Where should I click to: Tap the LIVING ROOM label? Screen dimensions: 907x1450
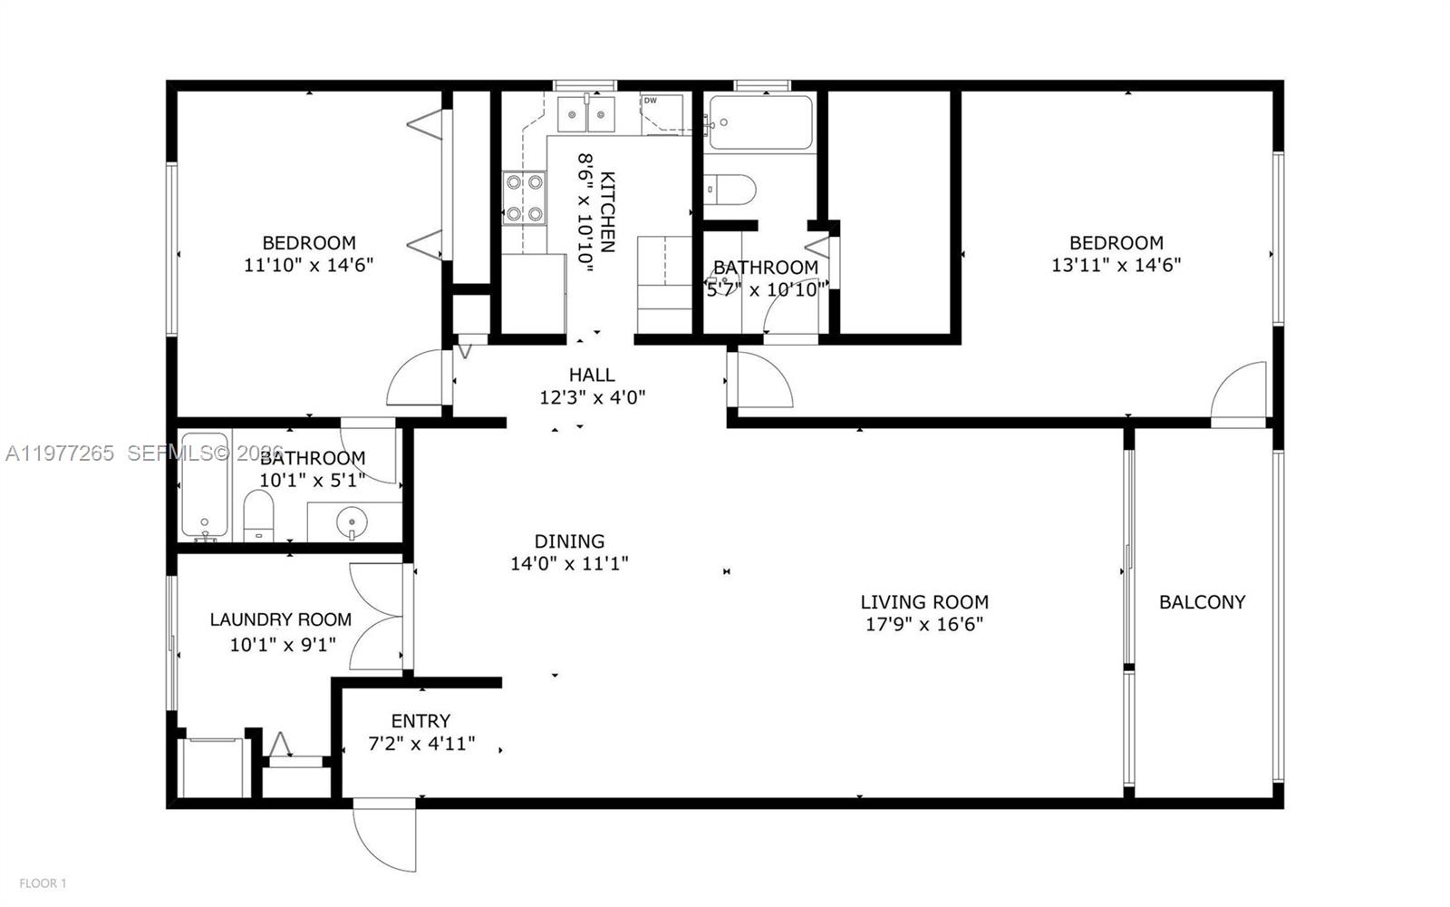(923, 601)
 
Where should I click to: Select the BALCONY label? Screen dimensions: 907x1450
(1202, 601)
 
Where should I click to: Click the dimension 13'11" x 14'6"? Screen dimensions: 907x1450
(1116, 265)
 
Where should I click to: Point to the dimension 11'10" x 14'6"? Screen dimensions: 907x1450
(308, 265)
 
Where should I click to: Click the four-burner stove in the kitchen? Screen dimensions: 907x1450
(525, 199)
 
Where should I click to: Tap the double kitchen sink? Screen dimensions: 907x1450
(586, 114)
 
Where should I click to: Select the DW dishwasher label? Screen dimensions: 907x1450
(650, 101)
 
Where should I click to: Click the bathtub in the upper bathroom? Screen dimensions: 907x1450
(760, 122)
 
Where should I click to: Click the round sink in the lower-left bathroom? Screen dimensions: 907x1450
(352, 522)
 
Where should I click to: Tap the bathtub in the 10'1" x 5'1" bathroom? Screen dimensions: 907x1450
(204, 485)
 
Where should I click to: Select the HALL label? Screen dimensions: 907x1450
(592, 375)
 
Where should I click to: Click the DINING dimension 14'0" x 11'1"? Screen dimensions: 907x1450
(569, 563)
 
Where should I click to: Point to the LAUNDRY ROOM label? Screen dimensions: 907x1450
(280, 619)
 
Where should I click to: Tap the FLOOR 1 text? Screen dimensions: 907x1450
(43, 883)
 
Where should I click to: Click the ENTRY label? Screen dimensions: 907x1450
(420, 721)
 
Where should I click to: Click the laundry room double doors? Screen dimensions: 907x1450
(376, 617)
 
